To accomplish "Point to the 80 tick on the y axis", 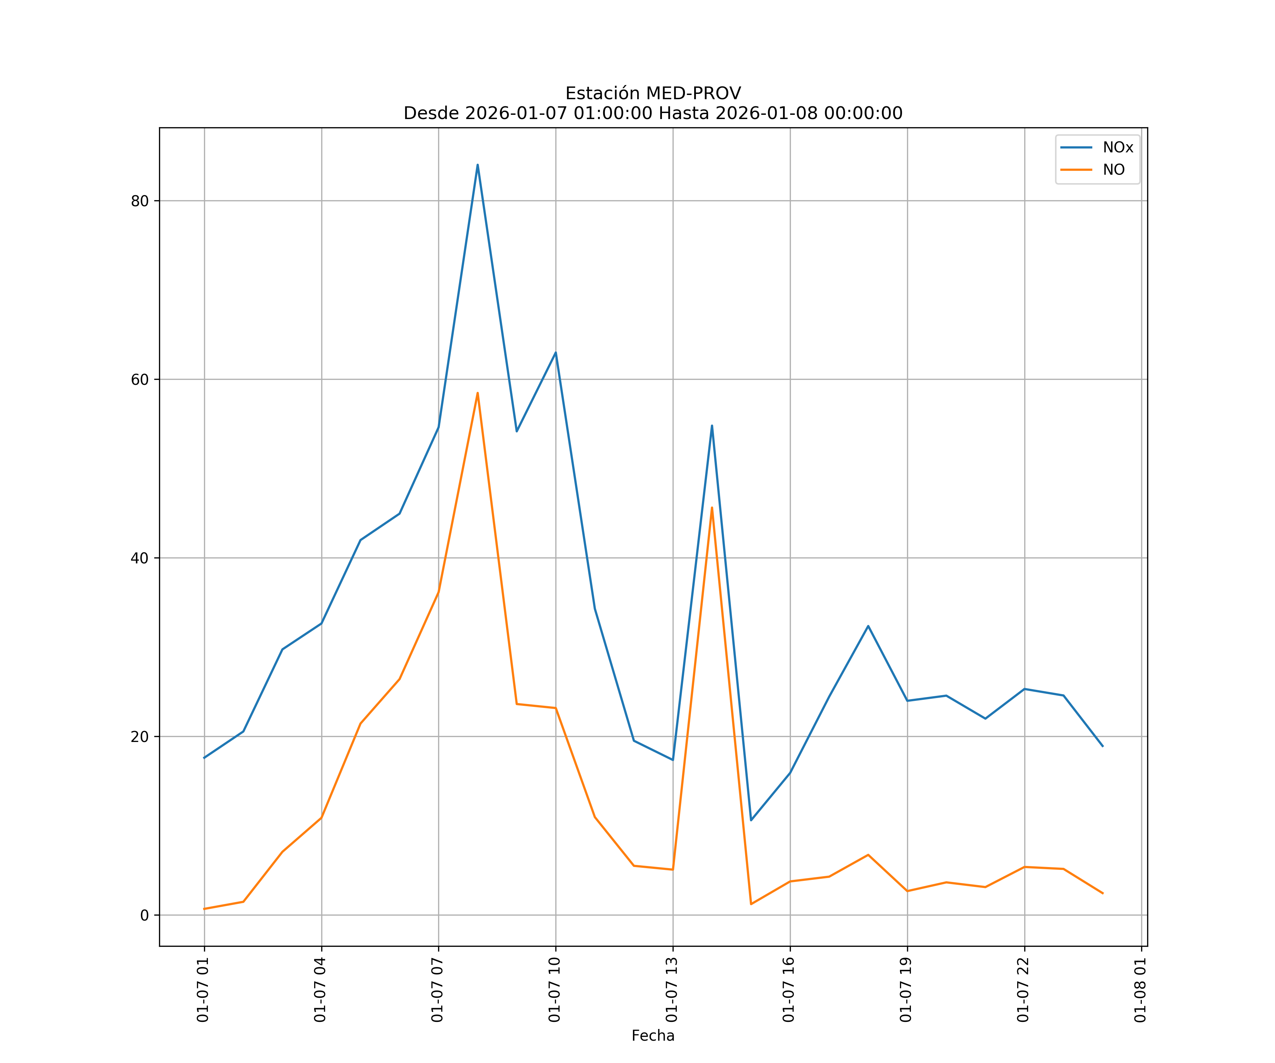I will click(140, 201).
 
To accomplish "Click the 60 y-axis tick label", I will click(140, 379).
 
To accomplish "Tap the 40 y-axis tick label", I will click(140, 558).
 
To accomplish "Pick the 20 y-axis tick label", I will click(140, 737).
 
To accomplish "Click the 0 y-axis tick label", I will click(144, 915).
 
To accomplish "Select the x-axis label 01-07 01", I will click(203, 990).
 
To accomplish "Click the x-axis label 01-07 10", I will click(554, 990).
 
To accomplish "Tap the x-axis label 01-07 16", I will click(789, 990).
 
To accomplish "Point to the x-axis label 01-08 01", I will click(1140, 990).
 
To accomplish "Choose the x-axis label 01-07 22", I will click(1023, 990).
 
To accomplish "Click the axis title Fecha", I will click(653, 1036).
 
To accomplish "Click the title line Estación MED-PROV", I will click(653, 94).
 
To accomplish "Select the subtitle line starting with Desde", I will click(653, 114).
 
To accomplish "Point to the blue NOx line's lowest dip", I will click(751, 820).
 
